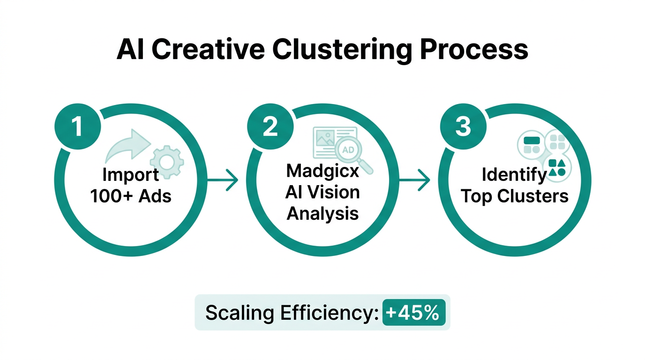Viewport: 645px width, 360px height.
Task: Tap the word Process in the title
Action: coord(473,50)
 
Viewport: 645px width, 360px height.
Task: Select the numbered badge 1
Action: coord(78,127)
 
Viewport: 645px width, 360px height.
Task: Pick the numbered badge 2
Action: coord(270,127)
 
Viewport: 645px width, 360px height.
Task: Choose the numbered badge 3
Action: coord(463,127)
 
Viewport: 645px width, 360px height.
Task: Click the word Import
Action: coord(131,175)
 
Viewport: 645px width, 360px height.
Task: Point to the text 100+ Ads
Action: coord(131,196)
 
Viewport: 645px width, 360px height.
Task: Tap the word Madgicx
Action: coord(322,171)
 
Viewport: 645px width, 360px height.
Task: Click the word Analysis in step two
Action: coord(322,213)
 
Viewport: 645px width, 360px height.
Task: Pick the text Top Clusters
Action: coord(514,196)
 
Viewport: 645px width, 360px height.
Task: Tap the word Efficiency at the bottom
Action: coord(330,313)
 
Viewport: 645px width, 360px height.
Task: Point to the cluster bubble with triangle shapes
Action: coord(557,168)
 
